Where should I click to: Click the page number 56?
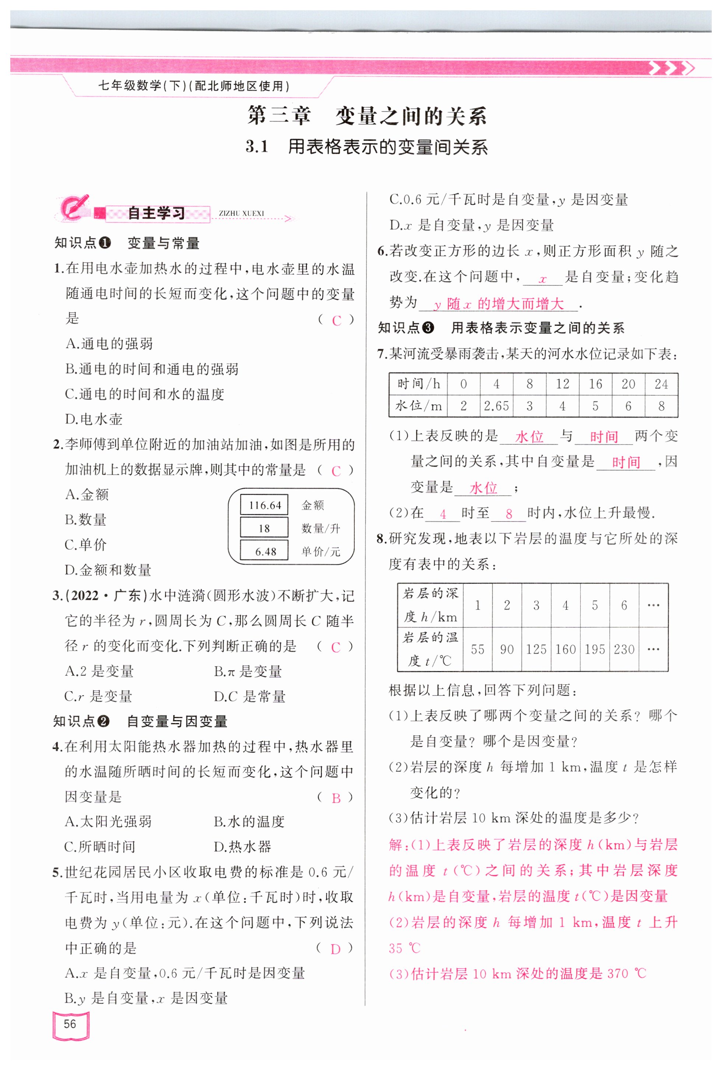70,1024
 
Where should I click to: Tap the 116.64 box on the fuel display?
264,505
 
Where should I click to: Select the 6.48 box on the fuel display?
265,551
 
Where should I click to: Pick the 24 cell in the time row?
661,384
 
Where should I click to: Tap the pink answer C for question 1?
337,320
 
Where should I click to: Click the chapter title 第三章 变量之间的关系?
367,116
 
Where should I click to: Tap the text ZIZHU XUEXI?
241,213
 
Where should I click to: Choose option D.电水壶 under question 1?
94,419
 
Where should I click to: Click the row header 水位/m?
418,406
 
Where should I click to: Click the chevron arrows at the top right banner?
671,68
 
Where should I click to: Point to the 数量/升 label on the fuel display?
321,528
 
